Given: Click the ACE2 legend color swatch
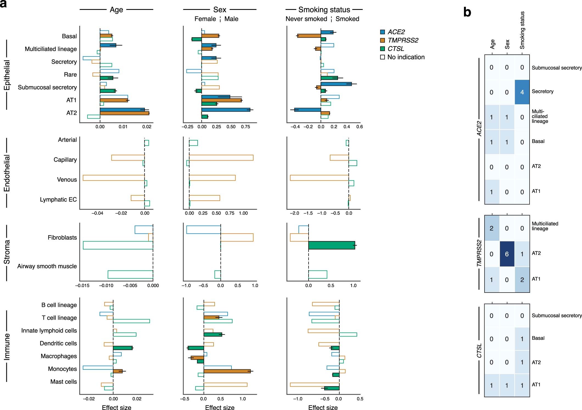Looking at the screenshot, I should (x=382, y=32).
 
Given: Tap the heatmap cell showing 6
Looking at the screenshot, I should (x=507, y=254).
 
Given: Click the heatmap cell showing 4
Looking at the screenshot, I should (x=522, y=92).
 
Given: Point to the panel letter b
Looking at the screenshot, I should (x=467, y=13).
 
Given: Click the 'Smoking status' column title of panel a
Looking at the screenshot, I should (x=324, y=10).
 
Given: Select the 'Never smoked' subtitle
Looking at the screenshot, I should (x=306, y=19).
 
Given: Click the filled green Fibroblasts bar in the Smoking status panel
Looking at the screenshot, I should (x=331, y=245).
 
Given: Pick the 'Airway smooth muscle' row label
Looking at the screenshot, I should (x=47, y=266).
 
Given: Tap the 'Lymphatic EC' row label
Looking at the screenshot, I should (x=58, y=200).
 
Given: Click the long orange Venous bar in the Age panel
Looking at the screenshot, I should (x=114, y=178).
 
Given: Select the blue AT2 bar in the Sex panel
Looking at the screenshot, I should (x=226, y=109).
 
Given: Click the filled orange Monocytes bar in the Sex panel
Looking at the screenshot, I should (x=227, y=371).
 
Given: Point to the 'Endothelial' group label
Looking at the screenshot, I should (x=7, y=173).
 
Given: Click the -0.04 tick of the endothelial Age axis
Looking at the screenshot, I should (x=97, y=213).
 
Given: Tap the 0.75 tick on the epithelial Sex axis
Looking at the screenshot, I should (x=245, y=127).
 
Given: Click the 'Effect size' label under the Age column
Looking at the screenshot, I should (x=116, y=408).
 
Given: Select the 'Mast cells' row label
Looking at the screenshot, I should (x=63, y=382).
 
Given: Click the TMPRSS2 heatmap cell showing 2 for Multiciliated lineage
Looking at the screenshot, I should (x=491, y=228).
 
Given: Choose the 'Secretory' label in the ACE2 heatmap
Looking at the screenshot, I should (x=542, y=91).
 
